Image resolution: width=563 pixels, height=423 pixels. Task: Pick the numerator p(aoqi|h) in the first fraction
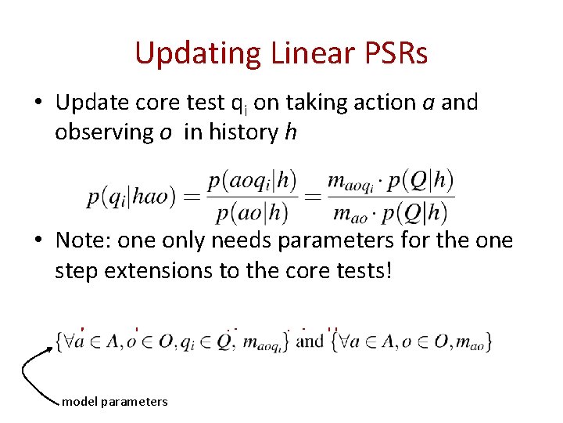coord(252,181)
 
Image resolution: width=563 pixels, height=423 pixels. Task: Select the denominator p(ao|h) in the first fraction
coord(252,211)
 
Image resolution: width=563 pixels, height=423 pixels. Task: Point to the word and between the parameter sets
coord(310,341)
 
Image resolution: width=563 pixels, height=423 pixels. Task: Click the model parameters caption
coord(114,401)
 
